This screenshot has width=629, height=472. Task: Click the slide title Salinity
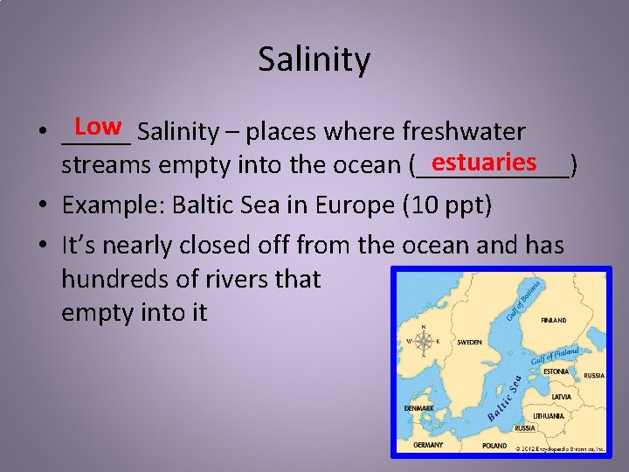314,60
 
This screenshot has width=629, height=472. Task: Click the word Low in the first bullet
98,127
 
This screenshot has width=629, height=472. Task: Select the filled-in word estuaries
483,163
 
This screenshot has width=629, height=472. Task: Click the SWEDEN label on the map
469,343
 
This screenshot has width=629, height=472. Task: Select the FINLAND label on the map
554,320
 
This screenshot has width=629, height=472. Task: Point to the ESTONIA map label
556,371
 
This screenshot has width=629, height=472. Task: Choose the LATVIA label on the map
561,397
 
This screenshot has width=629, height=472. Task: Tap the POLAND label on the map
494,446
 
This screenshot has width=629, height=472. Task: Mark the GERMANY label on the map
428,445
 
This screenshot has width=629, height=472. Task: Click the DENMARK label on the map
418,408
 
